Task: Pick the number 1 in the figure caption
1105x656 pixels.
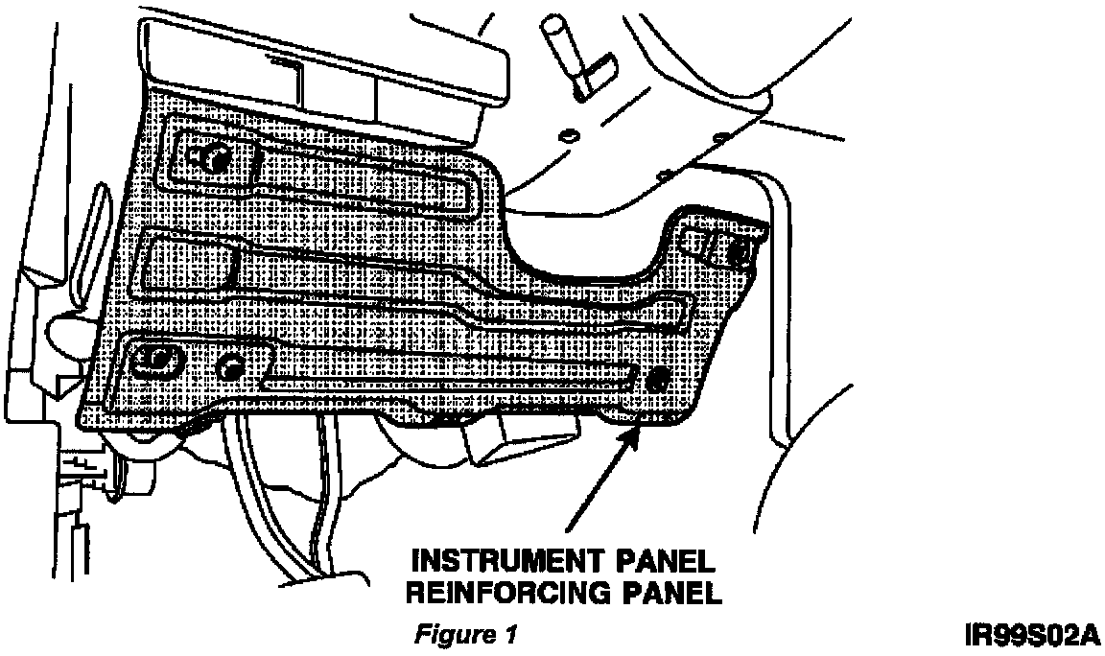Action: [511, 635]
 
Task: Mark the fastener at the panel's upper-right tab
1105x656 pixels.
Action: [739, 253]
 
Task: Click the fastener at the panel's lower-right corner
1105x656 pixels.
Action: [657, 379]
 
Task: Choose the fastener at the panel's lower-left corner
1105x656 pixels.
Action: [154, 359]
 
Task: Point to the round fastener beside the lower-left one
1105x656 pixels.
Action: [230, 366]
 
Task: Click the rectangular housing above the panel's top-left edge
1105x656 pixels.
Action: [326, 67]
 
